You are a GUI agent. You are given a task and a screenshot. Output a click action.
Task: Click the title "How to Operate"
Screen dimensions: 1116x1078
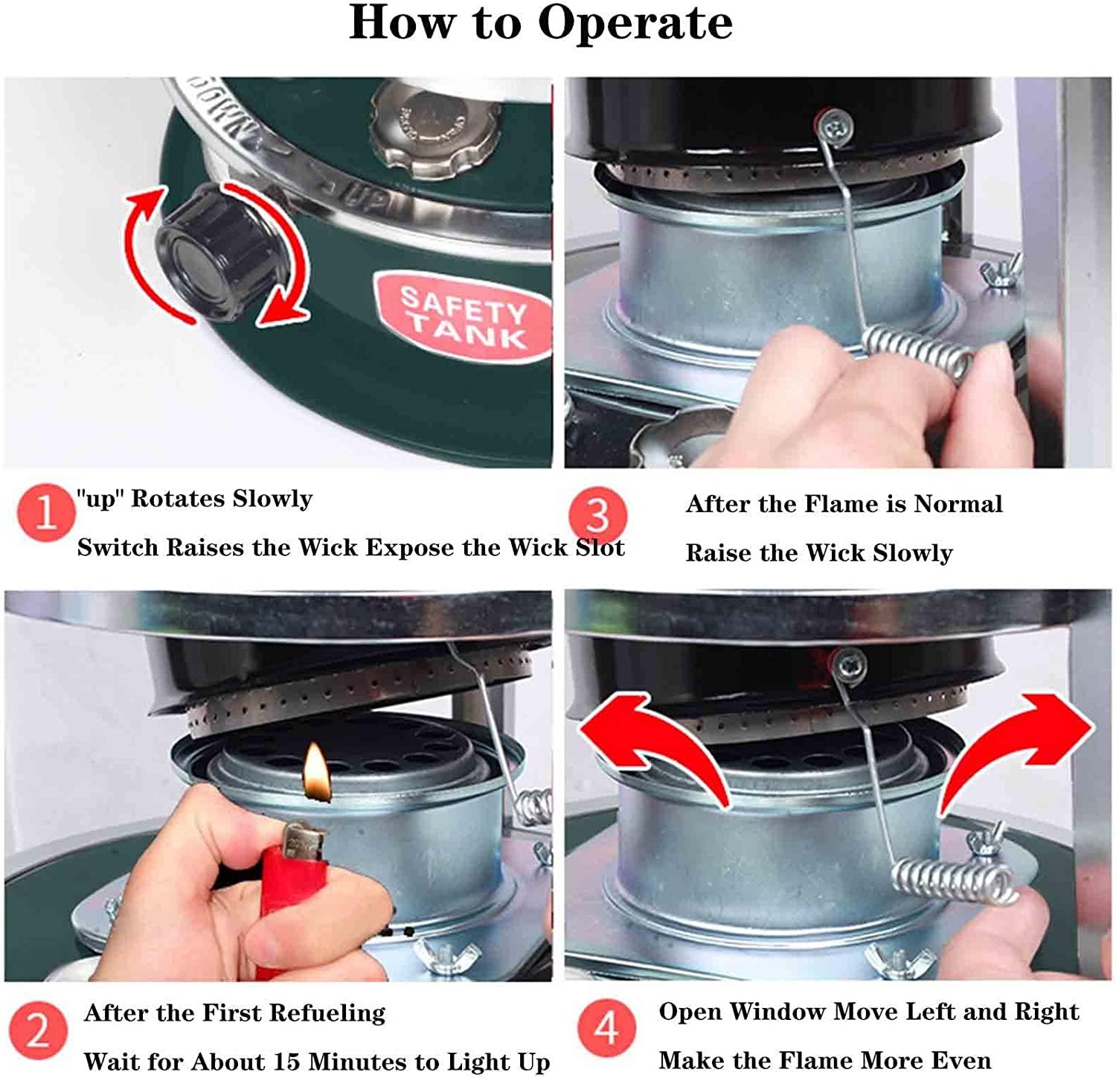point(541,22)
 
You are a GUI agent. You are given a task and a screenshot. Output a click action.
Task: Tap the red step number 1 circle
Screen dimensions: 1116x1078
point(45,512)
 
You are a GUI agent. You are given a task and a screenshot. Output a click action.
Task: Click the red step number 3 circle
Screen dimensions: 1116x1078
point(597,514)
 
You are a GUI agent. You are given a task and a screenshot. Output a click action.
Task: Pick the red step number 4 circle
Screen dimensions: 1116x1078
point(606,1028)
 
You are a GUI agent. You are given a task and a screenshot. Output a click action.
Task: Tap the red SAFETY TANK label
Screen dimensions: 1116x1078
point(464,316)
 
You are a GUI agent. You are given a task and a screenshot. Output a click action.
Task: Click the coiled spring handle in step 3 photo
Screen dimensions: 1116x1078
point(919,353)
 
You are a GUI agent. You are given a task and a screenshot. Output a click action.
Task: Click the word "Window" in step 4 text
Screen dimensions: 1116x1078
point(777,1011)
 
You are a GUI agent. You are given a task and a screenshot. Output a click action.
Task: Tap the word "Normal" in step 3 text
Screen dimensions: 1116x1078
point(958,504)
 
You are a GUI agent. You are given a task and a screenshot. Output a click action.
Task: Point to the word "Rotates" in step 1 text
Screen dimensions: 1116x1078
point(177,498)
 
